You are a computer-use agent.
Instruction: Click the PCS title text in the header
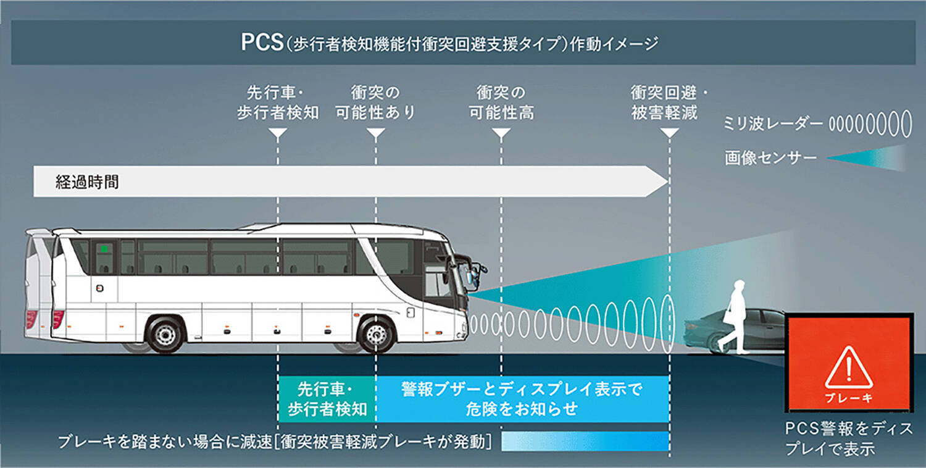441,45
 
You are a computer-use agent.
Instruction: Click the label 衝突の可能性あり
375,102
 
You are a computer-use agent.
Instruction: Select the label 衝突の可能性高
501,102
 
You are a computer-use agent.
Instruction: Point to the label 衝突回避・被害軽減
669,102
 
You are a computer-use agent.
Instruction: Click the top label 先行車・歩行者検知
278,102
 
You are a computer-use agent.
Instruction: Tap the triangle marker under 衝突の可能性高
501,133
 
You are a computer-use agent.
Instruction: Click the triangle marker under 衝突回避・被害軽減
669,133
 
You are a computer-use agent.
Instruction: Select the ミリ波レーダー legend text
773,124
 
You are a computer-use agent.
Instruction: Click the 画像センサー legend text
770,158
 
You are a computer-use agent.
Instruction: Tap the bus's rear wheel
164,334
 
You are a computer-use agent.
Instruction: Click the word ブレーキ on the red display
848,398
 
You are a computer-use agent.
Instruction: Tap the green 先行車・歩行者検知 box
327,399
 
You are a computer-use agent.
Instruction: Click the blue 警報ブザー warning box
522,399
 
